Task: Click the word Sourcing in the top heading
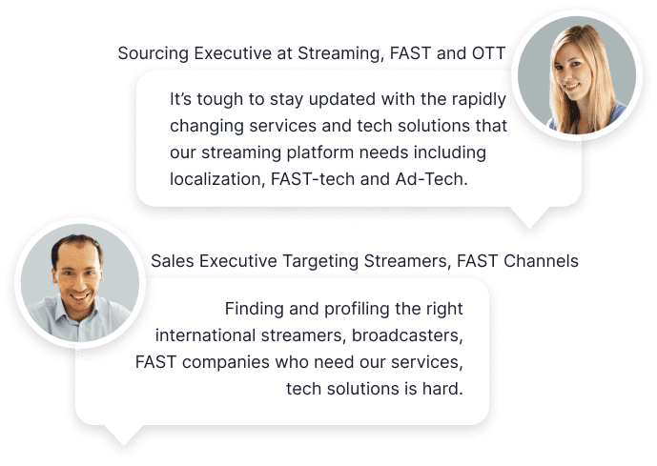click(x=153, y=53)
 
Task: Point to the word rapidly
click(x=479, y=100)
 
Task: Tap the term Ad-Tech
click(x=431, y=179)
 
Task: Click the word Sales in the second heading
click(x=172, y=261)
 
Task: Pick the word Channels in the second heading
click(x=541, y=261)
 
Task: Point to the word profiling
click(x=357, y=310)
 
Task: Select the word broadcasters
click(x=407, y=336)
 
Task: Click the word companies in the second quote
click(x=225, y=362)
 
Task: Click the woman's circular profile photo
click(x=577, y=75)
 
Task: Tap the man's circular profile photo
click(x=79, y=283)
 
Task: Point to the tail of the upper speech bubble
click(x=529, y=217)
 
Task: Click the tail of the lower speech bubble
click(x=124, y=436)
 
